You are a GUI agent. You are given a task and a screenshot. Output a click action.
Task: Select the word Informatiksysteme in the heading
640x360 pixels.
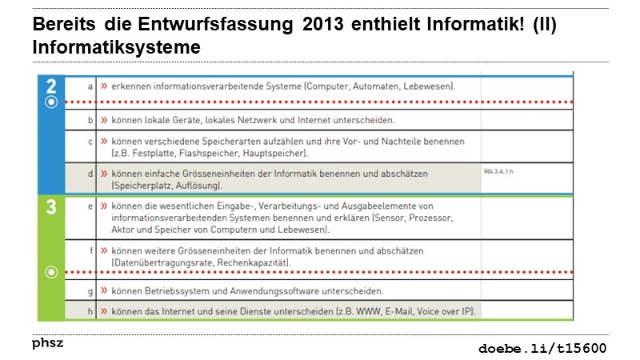(x=116, y=48)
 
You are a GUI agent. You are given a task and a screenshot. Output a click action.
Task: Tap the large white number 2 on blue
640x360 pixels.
(x=51, y=86)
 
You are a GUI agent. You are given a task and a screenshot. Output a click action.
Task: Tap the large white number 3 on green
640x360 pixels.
(x=51, y=208)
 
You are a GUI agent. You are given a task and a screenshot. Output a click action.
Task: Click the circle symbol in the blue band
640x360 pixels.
(x=51, y=102)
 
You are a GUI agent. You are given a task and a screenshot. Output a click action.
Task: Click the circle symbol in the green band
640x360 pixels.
(x=51, y=272)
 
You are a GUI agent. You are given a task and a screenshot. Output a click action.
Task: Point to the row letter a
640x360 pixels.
(x=90, y=85)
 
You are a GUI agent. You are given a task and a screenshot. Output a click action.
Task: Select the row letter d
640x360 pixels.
(x=90, y=173)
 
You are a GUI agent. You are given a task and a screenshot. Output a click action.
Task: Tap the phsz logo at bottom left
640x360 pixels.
(x=47, y=342)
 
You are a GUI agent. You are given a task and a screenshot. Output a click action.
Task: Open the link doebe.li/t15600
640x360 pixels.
(x=542, y=348)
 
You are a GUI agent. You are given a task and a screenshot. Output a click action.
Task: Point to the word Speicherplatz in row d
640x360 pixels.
(x=141, y=185)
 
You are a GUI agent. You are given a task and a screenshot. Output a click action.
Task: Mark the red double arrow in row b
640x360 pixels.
(x=104, y=121)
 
